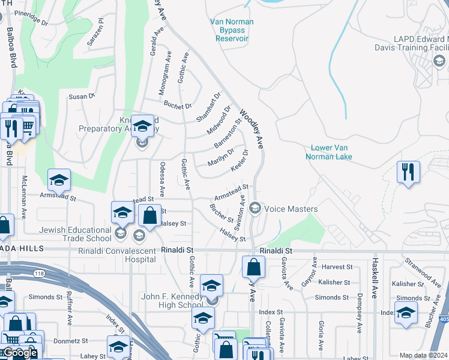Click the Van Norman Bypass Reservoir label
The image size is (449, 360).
point(232,30)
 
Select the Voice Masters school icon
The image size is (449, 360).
point(255,208)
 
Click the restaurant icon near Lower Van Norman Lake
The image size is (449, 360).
point(408,172)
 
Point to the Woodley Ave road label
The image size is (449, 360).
point(252,128)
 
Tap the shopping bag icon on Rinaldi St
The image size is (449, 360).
point(254,266)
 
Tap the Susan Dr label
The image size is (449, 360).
point(82,96)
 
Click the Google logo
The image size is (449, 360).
point(20,353)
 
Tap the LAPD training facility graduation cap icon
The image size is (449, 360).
point(439,61)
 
